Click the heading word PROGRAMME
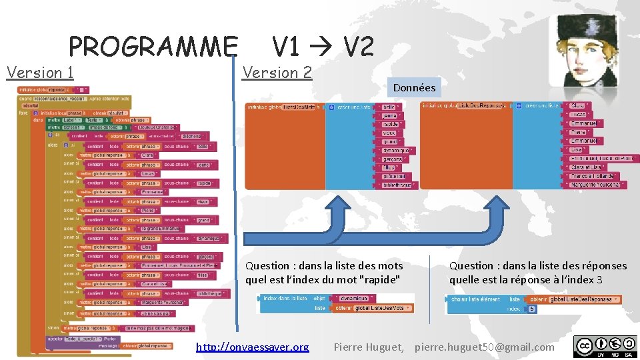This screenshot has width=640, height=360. click(x=153, y=47)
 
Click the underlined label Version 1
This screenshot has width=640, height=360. click(x=40, y=72)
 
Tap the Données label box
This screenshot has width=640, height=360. click(x=414, y=87)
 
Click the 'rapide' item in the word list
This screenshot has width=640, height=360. click(x=390, y=124)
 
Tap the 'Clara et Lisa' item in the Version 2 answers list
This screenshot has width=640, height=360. click(x=586, y=167)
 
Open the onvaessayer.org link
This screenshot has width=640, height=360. click(x=252, y=347)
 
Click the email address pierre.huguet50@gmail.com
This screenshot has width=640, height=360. click(x=484, y=347)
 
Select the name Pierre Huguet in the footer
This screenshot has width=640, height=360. click(x=368, y=347)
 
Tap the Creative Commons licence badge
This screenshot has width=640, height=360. click(x=605, y=346)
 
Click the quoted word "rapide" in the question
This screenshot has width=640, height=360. click(x=379, y=279)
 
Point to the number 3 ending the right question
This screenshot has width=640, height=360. click(x=599, y=279)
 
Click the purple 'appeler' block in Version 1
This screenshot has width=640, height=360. click(x=55, y=338)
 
